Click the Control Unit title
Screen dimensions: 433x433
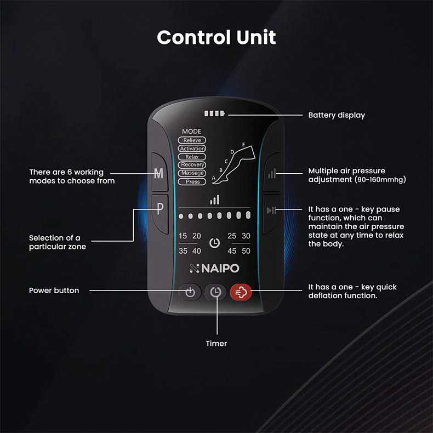216,37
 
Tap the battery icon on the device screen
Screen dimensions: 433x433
214,115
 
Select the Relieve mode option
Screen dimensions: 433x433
192,140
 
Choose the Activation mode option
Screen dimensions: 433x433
192,149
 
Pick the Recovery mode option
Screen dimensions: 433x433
192,165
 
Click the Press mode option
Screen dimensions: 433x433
192,181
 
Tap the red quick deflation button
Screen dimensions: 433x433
241,292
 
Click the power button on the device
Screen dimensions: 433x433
190,292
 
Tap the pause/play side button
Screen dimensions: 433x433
272,210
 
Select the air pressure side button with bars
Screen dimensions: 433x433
272,174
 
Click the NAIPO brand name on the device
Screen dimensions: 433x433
215,269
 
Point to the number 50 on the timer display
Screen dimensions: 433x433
246,251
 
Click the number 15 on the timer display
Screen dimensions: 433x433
183,236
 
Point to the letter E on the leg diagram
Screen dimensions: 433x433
243,144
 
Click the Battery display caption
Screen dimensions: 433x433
336,115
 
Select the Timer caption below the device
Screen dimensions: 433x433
216,344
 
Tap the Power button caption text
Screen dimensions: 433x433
54,290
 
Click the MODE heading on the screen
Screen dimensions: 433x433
191,132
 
